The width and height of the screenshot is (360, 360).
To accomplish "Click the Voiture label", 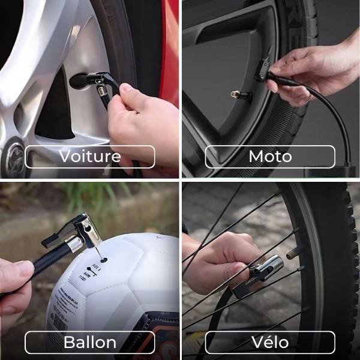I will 89,157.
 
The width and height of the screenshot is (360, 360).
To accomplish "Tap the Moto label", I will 270,157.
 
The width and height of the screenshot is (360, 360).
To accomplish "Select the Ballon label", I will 89,343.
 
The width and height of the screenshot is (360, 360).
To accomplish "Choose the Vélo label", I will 270,343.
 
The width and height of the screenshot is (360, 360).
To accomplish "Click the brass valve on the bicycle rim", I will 293,253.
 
